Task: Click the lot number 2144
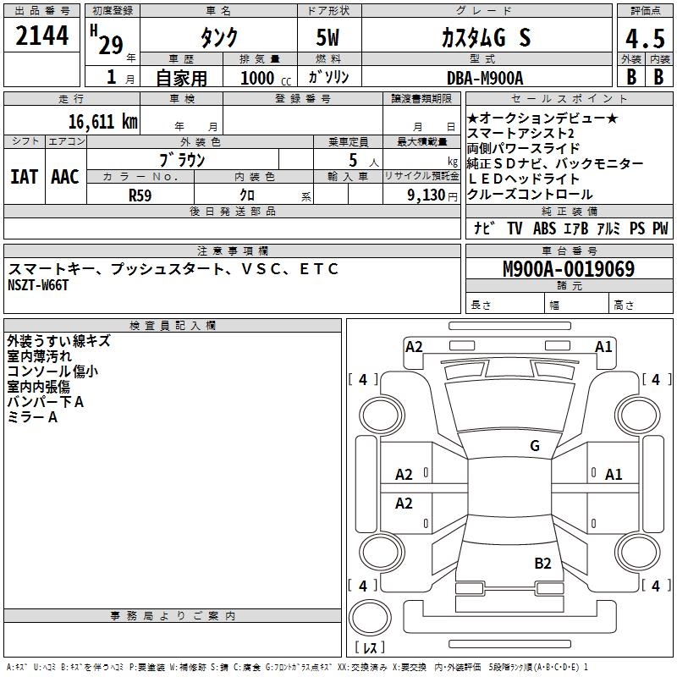tap(41, 36)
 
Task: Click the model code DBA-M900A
tap(485, 78)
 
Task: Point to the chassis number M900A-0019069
tap(568, 270)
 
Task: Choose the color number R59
tap(140, 195)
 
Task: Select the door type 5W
tap(327, 38)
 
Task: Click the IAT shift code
tap(24, 177)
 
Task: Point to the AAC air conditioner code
tap(64, 177)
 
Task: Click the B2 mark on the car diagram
tap(542, 563)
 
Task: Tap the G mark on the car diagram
tap(534, 446)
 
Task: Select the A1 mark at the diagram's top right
tap(603, 346)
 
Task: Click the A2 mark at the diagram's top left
tap(414, 346)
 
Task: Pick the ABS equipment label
tap(544, 228)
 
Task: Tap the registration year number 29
tap(110, 46)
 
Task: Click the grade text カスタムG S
tap(485, 38)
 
